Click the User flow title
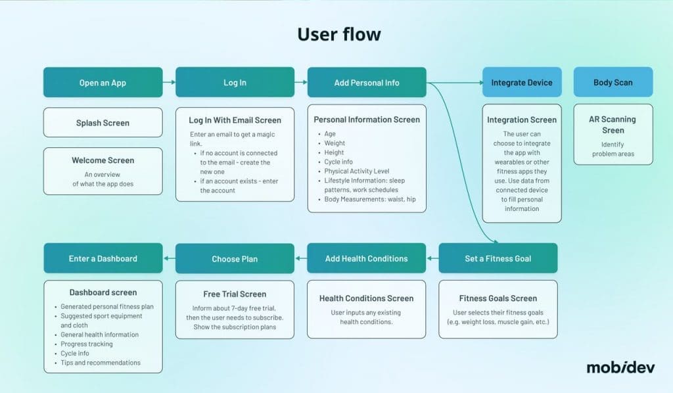click(x=338, y=34)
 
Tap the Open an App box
click(x=103, y=83)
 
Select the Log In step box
click(x=235, y=83)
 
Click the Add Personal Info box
click(x=367, y=83)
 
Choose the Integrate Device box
click(x=522, y=83)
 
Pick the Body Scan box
click(x=613, y=83)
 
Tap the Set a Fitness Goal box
click(x=498, y=258)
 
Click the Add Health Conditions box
click(x=366, y=258)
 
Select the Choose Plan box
click(x=235, y=259)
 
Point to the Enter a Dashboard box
click(x=103, y=258)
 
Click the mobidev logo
click(x=620, y=367)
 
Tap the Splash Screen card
click(x=103, y=123)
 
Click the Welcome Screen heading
click(x=103, y=160)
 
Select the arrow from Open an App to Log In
click(x=169, y=83)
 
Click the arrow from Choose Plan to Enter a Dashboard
click(x=169, y=258)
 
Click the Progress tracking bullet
click(x=86, y=344)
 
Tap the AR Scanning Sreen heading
click(x=613, y=125)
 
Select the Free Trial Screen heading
click(x=235, y=294)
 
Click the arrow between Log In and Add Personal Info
click(x=301, y=83)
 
